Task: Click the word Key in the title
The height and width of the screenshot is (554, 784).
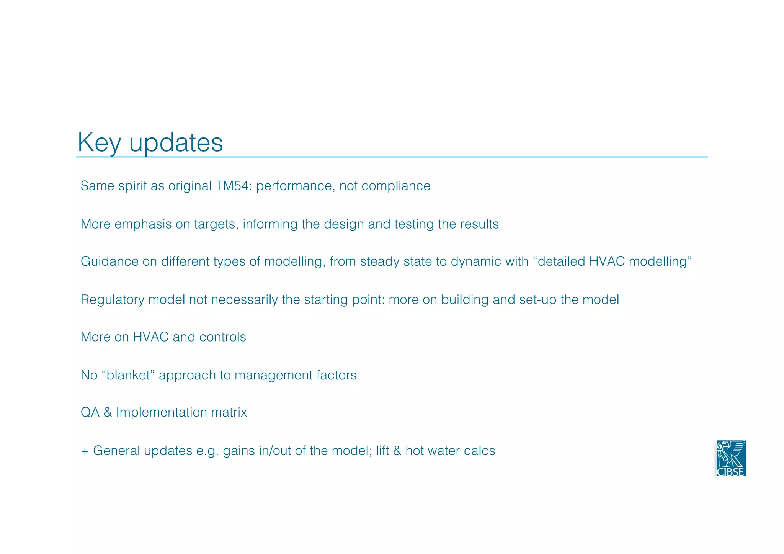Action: tap(99, 143)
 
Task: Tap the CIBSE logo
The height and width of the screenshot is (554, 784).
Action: tap(731, 458)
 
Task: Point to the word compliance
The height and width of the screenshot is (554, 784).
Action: tap(396, 186)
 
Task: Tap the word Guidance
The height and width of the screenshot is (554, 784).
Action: tap(109, 261)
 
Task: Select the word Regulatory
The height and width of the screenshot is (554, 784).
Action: tap(112, 299)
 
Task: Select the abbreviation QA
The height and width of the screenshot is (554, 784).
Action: tap(90, 412)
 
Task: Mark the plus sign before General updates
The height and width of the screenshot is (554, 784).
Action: tap(85, 451)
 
